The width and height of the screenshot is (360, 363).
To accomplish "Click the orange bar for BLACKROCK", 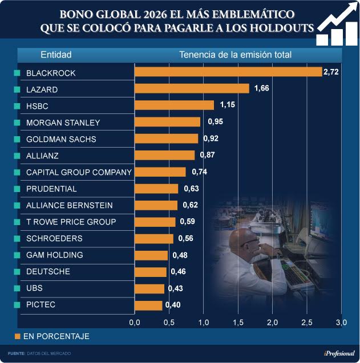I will click(x=228, y=72).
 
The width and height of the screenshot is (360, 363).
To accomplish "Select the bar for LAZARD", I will click(x=192, y=88).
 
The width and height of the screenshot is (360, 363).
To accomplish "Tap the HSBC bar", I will click(x=174, y=105).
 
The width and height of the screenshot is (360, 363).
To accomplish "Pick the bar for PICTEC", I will click(x=148, y=305).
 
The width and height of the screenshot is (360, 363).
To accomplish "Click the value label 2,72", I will click(x=331, y=72).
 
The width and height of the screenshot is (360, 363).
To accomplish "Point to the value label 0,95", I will click(x=215, y=122).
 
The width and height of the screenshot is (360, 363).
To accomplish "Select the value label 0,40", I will click(x=172, y=305).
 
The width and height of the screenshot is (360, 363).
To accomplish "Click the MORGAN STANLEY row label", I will click(x=63, y=123).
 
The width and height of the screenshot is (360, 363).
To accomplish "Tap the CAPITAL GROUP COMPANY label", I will click(x=79, y=172).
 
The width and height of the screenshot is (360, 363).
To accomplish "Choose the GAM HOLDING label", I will click(x=55, y=255).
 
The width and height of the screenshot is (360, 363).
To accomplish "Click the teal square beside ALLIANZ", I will click(x=17, y=156).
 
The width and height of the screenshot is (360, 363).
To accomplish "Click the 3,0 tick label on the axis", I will click(x=341, y=323).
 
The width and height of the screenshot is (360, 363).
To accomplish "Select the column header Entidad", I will click(x=56, y=55).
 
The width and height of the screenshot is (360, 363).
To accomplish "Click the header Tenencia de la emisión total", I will click(x=235, y=55).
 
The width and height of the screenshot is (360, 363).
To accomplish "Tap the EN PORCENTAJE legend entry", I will click(x=51, y=336).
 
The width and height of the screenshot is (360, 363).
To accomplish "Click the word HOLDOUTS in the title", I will click(x=278, y=28).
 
